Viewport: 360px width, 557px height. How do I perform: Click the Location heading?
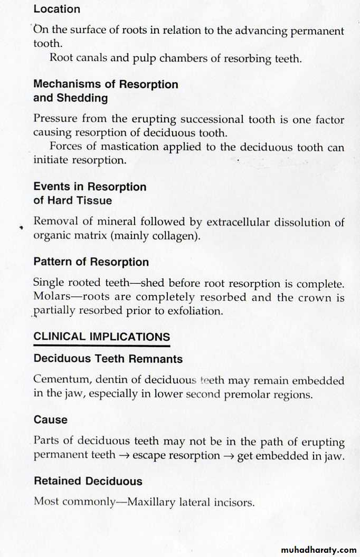[x=56, y=9]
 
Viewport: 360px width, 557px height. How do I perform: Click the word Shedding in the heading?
[x=82, y=98]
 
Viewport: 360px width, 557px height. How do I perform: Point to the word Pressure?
[x=54, y=119]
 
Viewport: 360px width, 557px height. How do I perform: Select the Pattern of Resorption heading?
[x=91, y=262]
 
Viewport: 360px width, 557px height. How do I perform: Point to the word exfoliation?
[x=195, y=311]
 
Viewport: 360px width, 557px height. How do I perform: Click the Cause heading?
[x=51, y=420]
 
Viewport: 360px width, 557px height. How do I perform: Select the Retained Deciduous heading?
[x=88, y=481]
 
